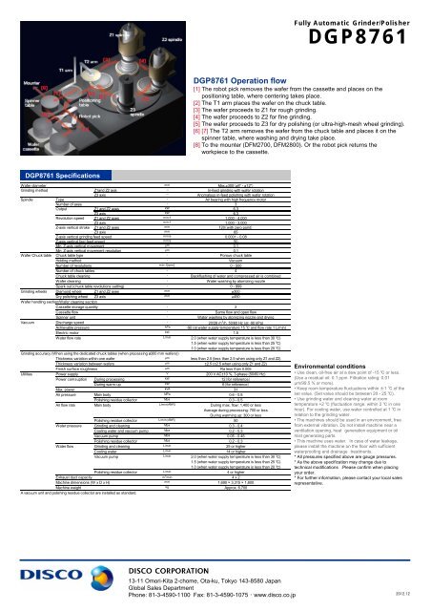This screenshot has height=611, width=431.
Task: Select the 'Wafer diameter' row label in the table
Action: point(20,186)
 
